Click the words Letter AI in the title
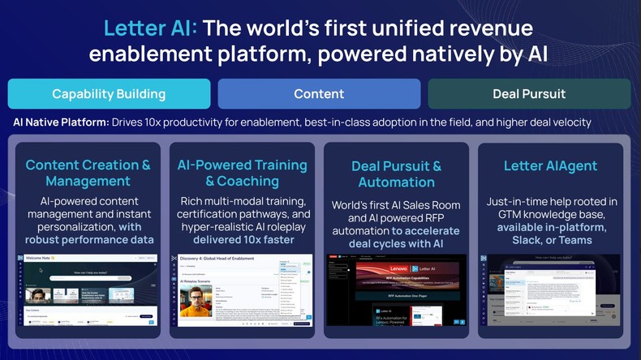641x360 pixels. point(150,28)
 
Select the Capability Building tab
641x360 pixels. point(109,94)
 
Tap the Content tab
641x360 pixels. point(319,94)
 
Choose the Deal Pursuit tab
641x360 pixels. point(529,94)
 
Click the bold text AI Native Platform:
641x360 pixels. point(62,122)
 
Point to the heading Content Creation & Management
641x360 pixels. point(88,173)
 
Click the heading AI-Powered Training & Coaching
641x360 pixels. point(242,173)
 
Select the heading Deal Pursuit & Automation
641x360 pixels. point(396,174)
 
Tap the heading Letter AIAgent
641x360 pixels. point(550,166)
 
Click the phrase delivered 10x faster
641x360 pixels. point(242,239)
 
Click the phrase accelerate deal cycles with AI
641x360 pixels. point(396,236)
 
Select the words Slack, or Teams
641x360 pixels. point(550,240)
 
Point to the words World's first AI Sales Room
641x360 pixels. point(396,205)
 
